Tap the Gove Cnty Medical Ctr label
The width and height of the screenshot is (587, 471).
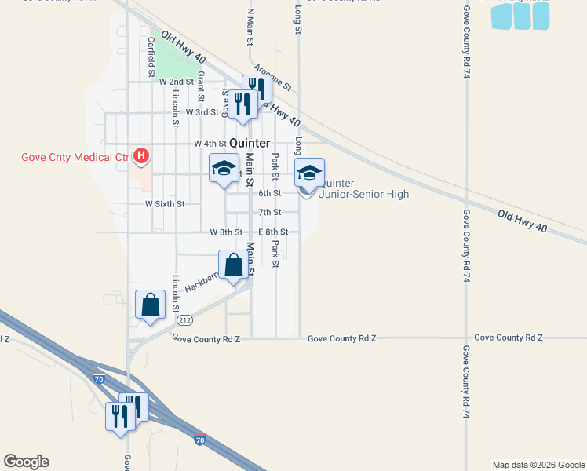click(x=74, y=157)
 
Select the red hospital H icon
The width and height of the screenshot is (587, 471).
click(x=141, y=156)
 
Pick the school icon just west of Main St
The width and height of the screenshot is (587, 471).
click(x=224, y=169)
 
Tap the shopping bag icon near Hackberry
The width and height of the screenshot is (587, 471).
click(x=234, y=265)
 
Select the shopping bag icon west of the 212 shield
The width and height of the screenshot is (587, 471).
click(x=150, y=305)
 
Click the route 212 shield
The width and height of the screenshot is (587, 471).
click(x=185, y=320)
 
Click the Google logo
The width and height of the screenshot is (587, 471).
click(x=26, y=462)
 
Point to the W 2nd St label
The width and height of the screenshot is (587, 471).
click(x=176, y=82)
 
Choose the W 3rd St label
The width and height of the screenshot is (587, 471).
click(x=180, y=112)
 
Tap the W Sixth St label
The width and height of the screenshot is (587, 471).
click(x=165, y=204)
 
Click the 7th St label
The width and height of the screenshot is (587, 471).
click(x=270, y=212)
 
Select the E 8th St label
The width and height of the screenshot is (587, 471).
click(x=274, y=232)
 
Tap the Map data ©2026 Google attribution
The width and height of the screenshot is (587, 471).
click(x=538, y=465)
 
